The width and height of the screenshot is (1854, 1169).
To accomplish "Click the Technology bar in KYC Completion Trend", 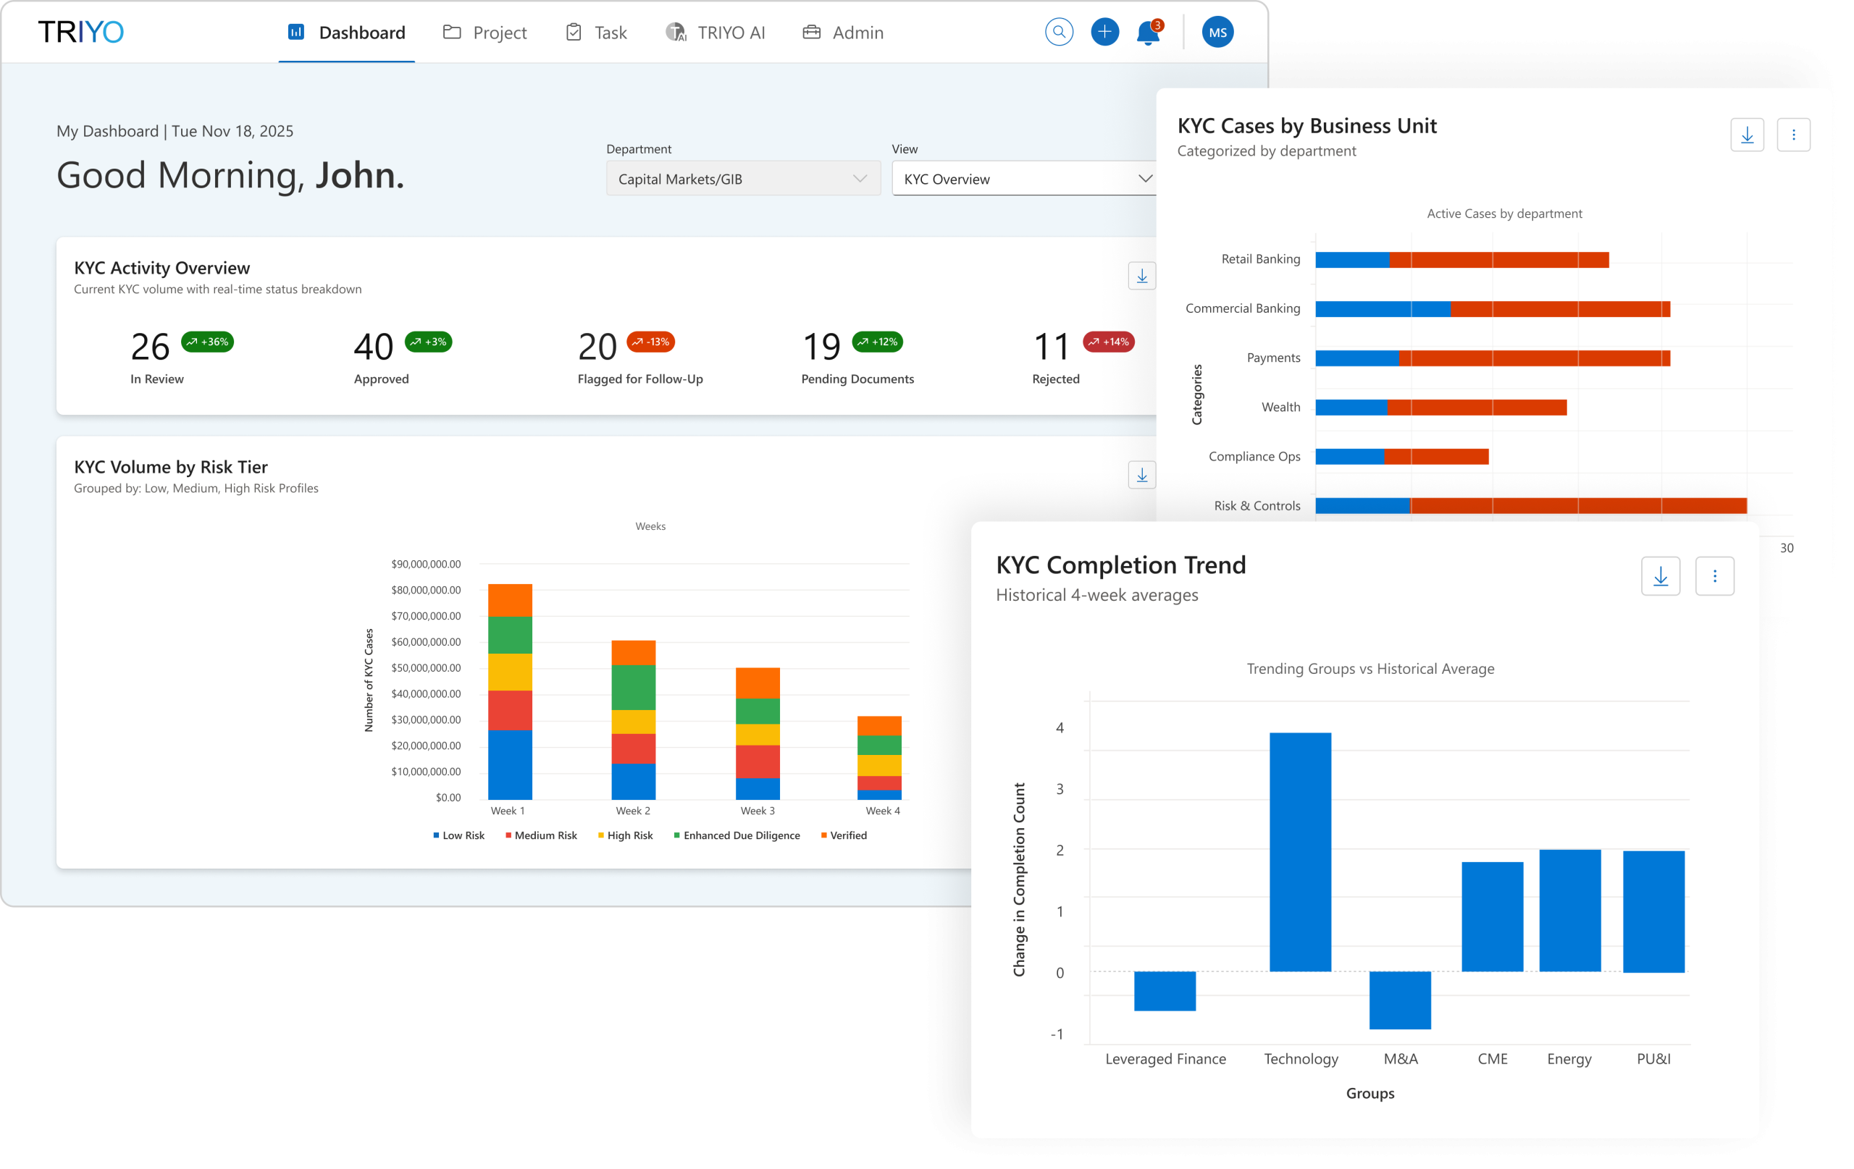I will pyautogui.click(x=1300, y=851).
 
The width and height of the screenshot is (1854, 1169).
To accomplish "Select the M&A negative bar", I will pyautogui.click(x=1400, y=999).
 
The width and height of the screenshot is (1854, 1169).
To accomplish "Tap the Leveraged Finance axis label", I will pyautogui.click(x=1165, y=1059).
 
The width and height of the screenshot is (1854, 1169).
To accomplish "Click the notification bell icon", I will pyautogui.click(x=1147, y=33).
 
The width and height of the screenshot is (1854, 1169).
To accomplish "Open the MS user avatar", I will pyautogui.click(x=1217, y=33).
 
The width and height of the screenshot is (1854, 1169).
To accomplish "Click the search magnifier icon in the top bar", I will pyautogui.click(x=1059, y=33).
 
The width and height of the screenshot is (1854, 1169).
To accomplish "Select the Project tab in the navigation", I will pyautogui.click(x=485, y=33).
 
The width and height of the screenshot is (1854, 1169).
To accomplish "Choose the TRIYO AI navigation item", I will pyautogui.click(x=716, y=33).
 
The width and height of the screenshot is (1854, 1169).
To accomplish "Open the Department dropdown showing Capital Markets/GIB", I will pyautogui.click(x=743, y=179).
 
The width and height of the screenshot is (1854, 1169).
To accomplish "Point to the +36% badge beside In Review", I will pyautogui.click(x=207, y=342).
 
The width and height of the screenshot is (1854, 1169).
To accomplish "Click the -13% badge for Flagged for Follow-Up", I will pyautogui.click(x=650, y=342).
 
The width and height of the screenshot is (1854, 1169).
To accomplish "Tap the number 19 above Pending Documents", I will pyautogui.click(x=821, y=347).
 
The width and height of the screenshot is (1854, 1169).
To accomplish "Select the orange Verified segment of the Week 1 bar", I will pyautogui.click(x=510, y=600).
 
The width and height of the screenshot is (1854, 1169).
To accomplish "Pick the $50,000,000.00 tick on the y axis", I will pyautogui.click(x=426, y=668).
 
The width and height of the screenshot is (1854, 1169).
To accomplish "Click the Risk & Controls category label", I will pyautogui.click(x=1257, y=506).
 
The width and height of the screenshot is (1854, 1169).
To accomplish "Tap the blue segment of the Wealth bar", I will pyautogui.click(x=1351, y=407).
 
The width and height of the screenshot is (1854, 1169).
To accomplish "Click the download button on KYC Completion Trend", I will pyautogui.click(x=1660, y=575).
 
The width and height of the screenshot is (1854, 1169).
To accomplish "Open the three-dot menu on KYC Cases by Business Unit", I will pyautogui.click(x=1792, y=135).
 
